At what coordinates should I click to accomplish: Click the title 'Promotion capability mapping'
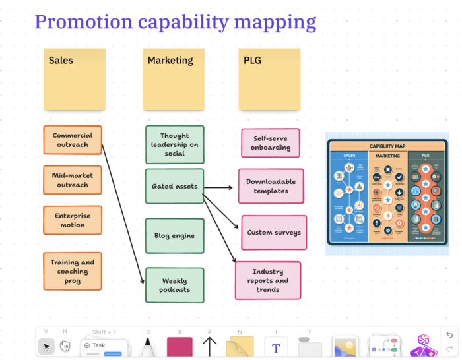(x=175, y=22)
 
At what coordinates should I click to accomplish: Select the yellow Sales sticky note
(x=73, y=79)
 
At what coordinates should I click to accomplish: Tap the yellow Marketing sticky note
(x=172, y=79)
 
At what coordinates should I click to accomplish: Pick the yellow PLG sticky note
(x=269, y=79)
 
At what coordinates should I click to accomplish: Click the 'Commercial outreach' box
(x=73, y=140)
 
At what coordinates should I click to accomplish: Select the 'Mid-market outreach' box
(x=73, y=180)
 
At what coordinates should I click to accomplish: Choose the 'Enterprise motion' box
(x=73, y=220)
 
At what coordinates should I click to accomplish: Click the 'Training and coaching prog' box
(x=73, y=271)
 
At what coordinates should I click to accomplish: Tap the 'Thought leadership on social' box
(x=174, y=144)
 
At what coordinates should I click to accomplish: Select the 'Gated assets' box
(x=174, y=187)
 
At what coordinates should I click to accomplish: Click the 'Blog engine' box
(x=174, y=235)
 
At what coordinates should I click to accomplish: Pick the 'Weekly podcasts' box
(x=174, y=285)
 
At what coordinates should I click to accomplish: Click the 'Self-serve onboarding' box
(x=270, y=143)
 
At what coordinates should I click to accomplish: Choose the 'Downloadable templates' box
(x=271, y=186)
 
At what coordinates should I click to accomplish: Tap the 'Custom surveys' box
(x=273, y=232)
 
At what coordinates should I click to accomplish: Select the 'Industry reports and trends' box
(x=267, y=280)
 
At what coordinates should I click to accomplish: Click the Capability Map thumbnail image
(x=387, y=193)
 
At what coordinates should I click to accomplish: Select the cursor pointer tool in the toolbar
(x=46, y=346)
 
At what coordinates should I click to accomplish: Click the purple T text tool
(x=276, y=347)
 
